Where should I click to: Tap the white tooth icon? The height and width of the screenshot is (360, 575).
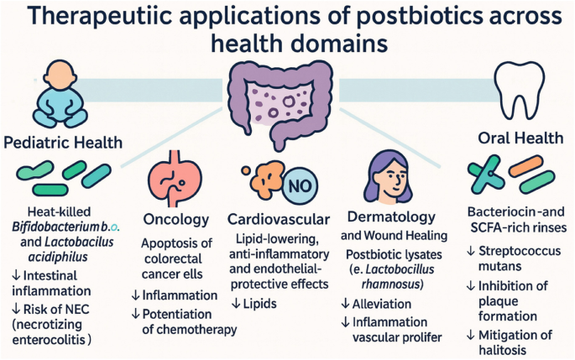[x=519, y=88]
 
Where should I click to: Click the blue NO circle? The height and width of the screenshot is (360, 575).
[x=300, y=185]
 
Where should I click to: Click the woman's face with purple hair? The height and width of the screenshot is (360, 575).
[x=389, y=177]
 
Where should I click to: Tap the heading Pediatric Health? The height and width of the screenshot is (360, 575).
[x=63, y=143]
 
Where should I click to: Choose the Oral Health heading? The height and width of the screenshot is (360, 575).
[x=520, y=138]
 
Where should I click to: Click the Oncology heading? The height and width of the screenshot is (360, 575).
[x=176, y=220]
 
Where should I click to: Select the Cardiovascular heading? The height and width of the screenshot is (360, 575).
[x=279, y=219]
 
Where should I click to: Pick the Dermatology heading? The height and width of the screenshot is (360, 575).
[x=391, y=217]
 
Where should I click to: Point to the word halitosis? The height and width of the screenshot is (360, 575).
[x=503, y=350]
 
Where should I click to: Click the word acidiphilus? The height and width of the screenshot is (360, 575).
[x=58, y=257]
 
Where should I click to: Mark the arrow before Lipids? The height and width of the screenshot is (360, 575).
[x=236, y=303]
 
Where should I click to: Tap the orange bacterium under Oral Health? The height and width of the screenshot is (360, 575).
[x=526, y=165]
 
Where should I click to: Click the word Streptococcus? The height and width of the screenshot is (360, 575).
[x=520, y=251]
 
